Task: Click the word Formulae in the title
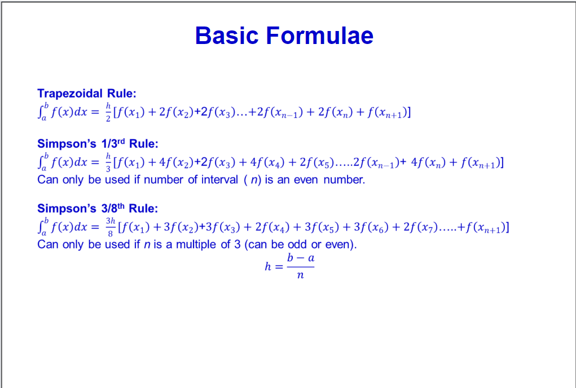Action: (x=319, y=36)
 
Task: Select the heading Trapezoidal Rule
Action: (x=86, y=93)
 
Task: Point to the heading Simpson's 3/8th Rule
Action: (x=97, y=208)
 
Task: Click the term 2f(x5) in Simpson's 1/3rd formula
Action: (x=319, y=164)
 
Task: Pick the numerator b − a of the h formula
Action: (x=301, y=258)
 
